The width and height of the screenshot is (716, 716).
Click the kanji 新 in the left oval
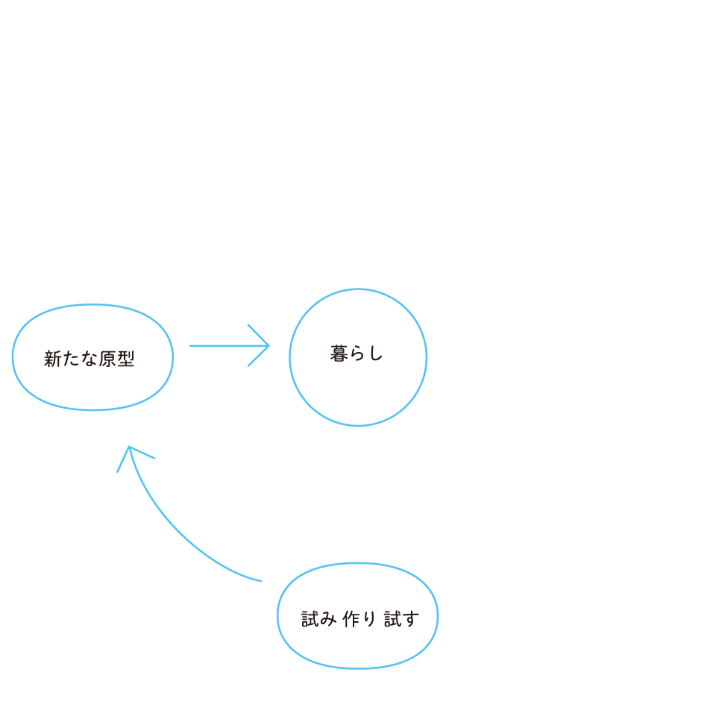[51, 359]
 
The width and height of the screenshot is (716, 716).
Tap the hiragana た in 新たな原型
[70, 359]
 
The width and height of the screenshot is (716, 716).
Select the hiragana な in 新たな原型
[89, 359]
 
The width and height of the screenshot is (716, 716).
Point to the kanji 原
[107, 359]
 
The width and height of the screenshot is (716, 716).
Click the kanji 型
[126, 359]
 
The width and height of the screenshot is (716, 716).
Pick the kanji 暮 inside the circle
[339, 354]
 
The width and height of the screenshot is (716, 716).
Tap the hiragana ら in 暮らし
[357, 354]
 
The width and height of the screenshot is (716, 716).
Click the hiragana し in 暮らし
[375, 354]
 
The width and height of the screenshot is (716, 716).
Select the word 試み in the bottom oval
[319, 619]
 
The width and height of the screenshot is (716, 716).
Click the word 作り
[359, 619]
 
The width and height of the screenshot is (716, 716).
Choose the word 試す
[401, 619]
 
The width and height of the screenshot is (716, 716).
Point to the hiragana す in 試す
[410, 619]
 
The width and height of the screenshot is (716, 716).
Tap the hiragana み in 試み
[329, 619]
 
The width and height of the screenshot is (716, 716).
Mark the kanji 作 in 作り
[351, 619]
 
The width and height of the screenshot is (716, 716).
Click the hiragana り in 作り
[369, 619]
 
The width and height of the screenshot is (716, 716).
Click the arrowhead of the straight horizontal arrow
[266, 345]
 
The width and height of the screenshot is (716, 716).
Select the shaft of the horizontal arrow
[224, 345]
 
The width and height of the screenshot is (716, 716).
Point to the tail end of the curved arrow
[260, 580]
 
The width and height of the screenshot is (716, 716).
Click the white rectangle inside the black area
[122, 606]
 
